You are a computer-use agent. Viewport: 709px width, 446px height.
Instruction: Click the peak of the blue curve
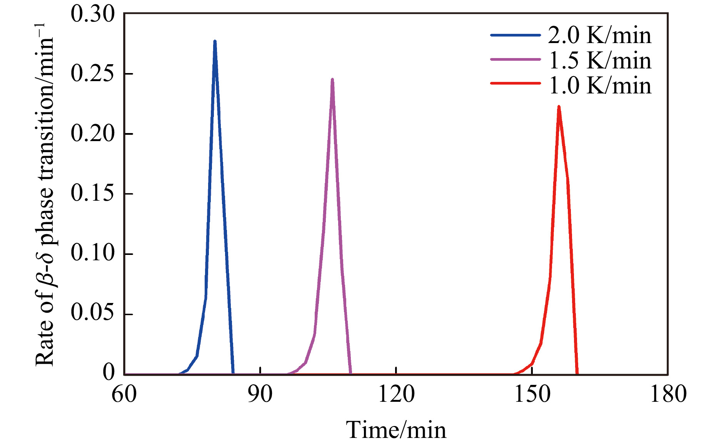coord(215,41)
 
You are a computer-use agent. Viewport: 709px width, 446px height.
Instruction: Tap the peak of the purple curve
coord(332,80)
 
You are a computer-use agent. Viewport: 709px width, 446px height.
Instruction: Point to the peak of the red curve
coord(559,107)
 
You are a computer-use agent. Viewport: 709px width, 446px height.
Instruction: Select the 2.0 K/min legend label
coord(599,35)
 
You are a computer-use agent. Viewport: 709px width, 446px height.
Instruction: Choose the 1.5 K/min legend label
coord(599,60)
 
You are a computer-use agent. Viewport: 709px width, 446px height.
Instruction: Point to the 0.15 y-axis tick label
coord(93,193)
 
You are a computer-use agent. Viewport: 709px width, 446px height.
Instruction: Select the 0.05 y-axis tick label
coord(93,313)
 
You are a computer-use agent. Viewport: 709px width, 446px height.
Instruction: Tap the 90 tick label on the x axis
coord(260,394)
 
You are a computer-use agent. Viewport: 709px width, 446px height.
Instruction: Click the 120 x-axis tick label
coord(396,394)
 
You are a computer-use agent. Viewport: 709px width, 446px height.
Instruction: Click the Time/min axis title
coord(396,429)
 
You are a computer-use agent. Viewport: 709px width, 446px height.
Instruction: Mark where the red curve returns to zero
coord(577,373)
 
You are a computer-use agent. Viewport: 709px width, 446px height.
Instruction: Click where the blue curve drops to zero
coord(233,373)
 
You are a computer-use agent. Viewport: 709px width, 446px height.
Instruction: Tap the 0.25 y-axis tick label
coord(93,73)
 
